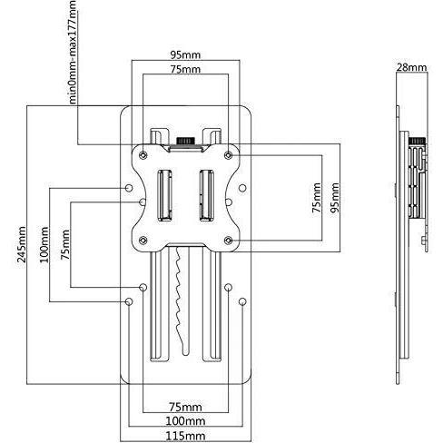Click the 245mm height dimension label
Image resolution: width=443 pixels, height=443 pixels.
21,244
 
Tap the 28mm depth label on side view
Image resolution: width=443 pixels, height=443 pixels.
411,67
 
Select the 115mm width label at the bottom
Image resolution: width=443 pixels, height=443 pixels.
185,436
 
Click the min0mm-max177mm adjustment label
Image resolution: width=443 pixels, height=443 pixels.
72,53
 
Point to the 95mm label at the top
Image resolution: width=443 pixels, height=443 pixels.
185,55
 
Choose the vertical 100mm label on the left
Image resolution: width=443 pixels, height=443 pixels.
44,244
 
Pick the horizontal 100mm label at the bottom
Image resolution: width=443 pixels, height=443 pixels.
185,420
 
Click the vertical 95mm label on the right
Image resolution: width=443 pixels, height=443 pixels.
335,198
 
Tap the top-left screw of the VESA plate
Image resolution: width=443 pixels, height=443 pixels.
143,155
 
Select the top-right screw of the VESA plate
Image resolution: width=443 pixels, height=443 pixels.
229,155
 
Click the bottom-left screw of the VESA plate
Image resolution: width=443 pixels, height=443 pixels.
143,241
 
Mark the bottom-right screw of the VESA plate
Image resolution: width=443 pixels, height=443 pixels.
229,241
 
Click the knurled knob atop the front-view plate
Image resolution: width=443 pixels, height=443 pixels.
185,141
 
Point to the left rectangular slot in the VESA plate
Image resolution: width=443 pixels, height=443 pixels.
164,195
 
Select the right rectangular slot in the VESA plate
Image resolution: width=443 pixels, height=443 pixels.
207,195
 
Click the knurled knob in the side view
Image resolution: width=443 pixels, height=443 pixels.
417,141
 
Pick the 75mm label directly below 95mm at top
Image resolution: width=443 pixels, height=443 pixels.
185,69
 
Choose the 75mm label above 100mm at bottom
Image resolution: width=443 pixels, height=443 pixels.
185,407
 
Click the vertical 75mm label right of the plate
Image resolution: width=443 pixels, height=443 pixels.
317,198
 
